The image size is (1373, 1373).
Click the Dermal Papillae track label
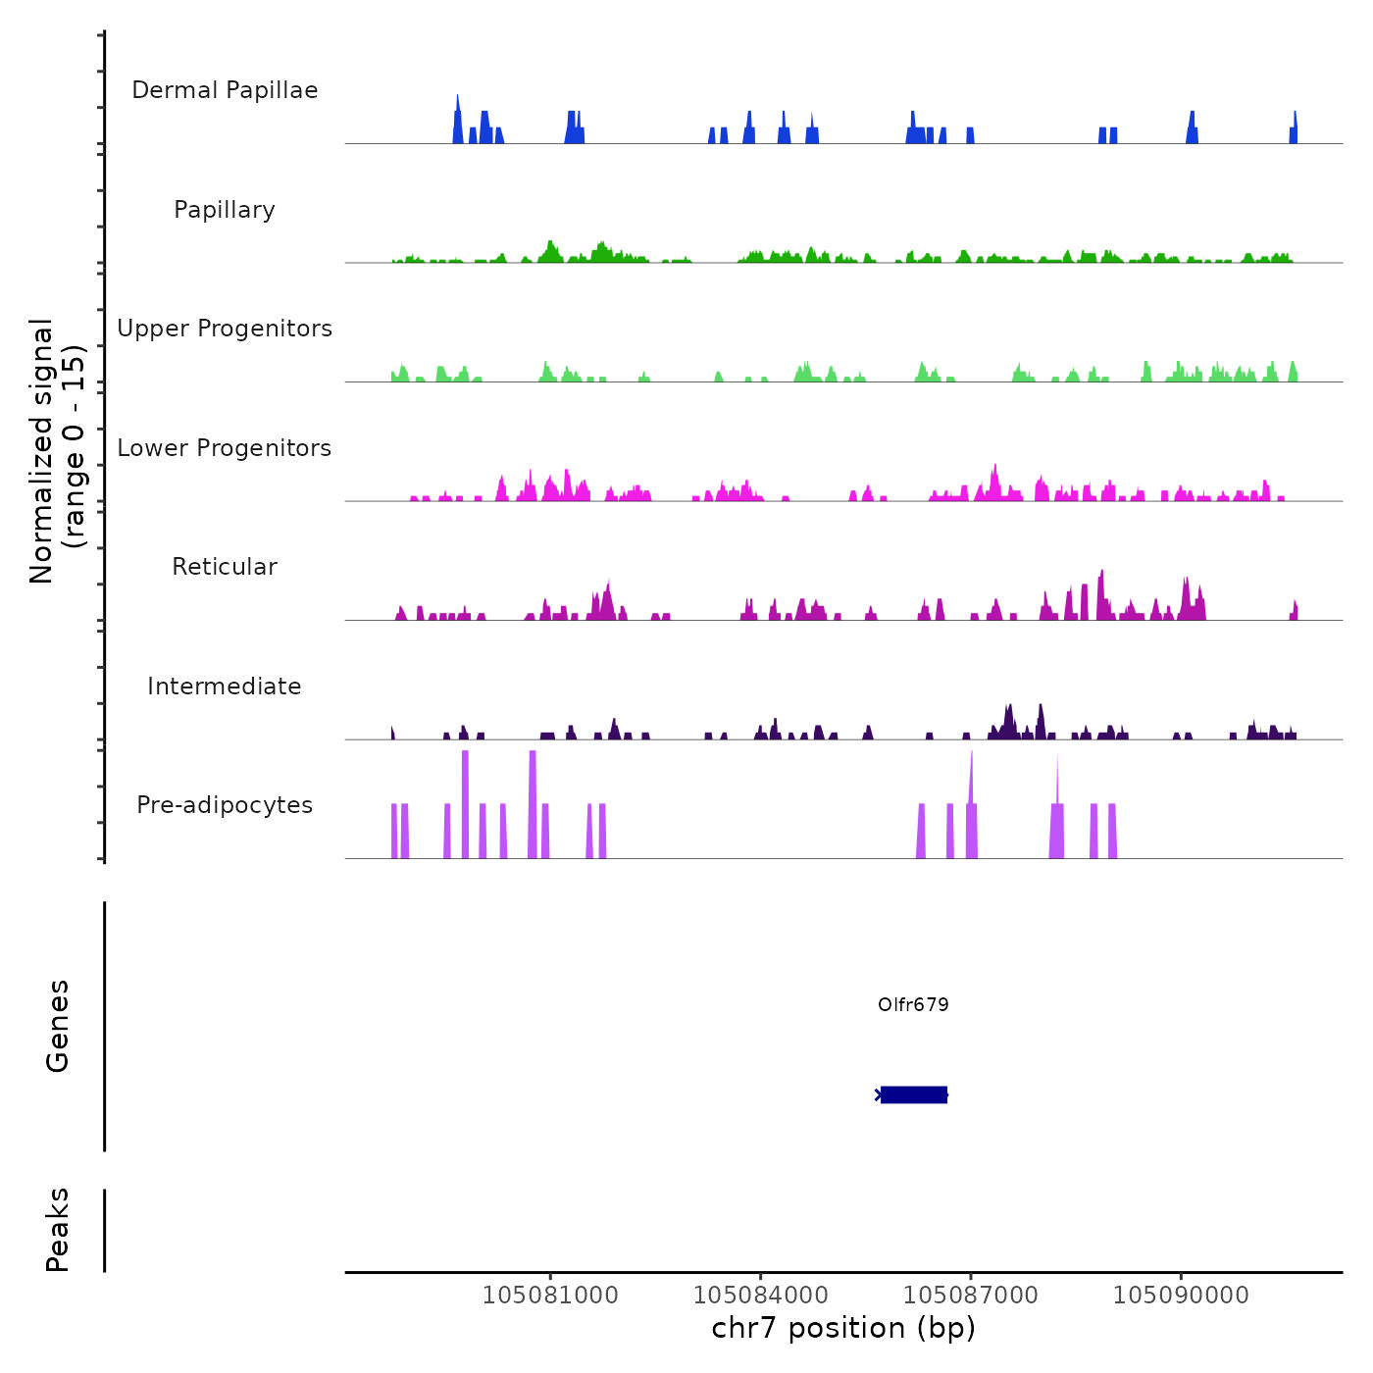(225, 90)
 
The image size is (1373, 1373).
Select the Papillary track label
(225, 210)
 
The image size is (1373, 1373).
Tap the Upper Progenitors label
(225, 329)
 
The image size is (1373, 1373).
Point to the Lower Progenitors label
(225, 448)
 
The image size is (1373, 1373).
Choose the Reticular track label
(225, 567)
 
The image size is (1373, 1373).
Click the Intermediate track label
(225, 686)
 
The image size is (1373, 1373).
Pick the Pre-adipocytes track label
(225, 805)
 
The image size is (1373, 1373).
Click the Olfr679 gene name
(913, 1004)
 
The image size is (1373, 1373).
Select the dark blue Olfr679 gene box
(914, 1094)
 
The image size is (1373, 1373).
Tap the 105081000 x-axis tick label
(550, 1296)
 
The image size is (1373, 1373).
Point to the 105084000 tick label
(761, 1296)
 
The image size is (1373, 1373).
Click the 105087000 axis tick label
(971, 1296)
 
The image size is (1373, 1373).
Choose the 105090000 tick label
(1181, 1296)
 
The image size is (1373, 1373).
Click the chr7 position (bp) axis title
(843, 1328)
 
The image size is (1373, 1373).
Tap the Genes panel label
(58, 1026)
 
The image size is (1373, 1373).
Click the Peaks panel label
(58, 1230)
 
